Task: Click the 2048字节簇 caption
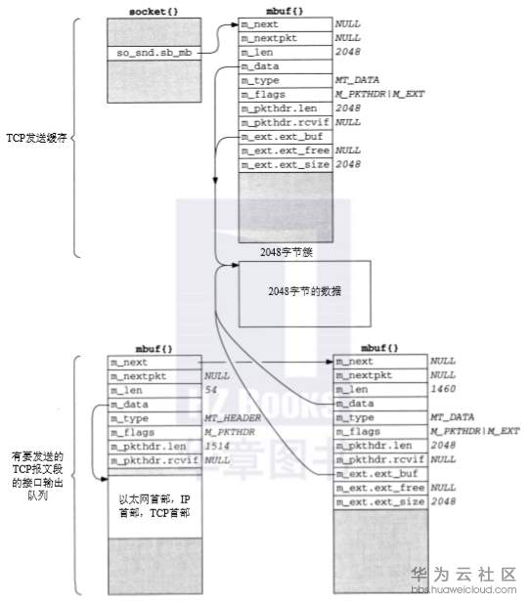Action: pos(286,251)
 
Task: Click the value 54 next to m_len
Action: pos(210,389)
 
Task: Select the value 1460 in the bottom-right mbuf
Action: pos(444,389)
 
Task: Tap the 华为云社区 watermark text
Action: pos(463,575)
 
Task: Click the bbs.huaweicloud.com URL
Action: pos(463,590)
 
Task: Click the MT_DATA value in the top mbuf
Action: pos(357,79)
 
